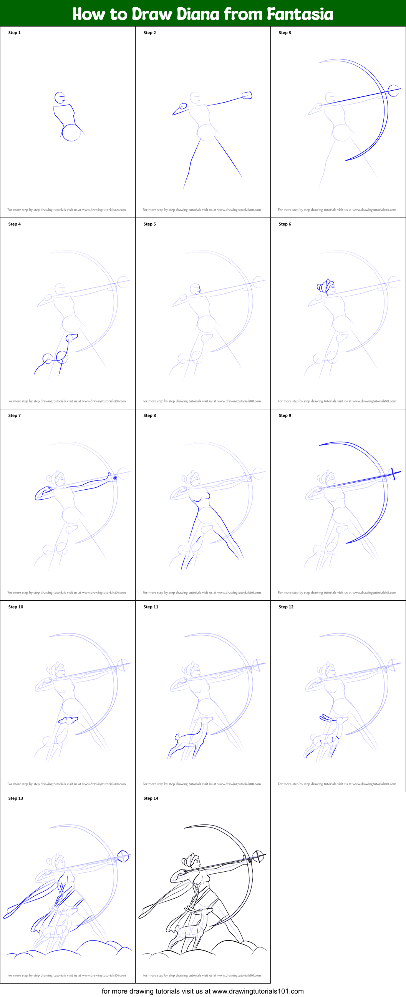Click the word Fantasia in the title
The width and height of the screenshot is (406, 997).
click(x=300, y=14)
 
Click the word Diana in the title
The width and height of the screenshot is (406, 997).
click(x=197, y=14)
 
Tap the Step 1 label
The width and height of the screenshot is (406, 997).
click(x=14, y=33)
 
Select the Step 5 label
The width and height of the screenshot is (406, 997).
click(x=150, y=224)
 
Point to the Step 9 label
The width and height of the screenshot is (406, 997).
click(x=285, y=415)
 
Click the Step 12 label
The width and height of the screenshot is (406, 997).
click(x=286, y=607)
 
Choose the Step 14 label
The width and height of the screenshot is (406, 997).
click(x=151, y=798)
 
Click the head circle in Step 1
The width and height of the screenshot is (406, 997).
click(x=60, y=98)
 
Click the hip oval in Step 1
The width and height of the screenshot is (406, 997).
click(x=71, y=132)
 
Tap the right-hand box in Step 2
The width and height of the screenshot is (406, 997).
click(x=247, y=95)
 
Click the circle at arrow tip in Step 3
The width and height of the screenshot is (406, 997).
click(x=393, y=91)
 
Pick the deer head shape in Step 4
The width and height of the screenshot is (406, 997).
click(x=72, y=338)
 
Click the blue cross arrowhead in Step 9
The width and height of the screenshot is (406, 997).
click(x=393, y=473)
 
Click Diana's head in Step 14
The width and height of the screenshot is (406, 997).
click(x=194, y=860)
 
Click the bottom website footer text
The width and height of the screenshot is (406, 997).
click(x=202, y=991)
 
